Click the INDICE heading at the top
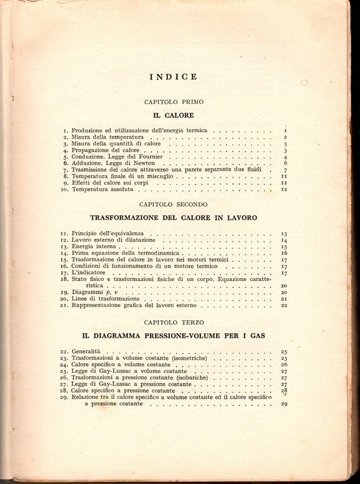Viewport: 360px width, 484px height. [173, 77]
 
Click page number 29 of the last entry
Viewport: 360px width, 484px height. [284, 404]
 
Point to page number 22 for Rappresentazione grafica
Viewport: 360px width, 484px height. [284, 306]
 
